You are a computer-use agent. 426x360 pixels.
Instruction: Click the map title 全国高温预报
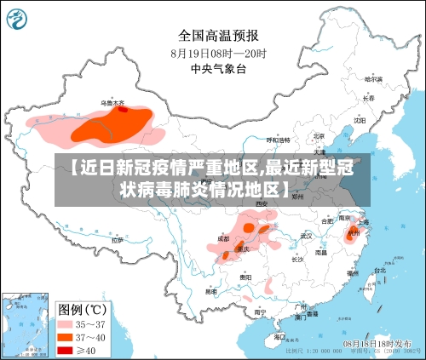pos(218,35)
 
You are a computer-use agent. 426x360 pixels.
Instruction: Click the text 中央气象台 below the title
pos(218,68)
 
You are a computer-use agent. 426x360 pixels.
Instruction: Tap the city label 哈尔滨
pos(372,78)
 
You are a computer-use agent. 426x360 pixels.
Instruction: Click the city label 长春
pos(367,97)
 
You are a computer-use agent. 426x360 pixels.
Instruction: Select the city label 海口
pos(280,337)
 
